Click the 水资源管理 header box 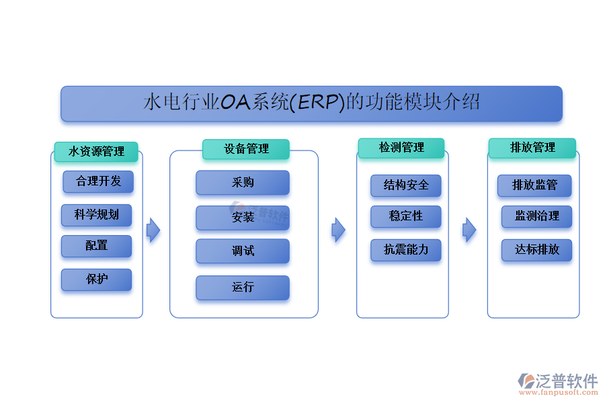pyautogui.click(x=96, y=152)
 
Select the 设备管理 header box pyautogui.click(x=246, y=149)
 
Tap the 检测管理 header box pyautogui.click(x=401, y=148)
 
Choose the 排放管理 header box pyautogui.click(x=532, y=148)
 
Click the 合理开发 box pyautogui.click(x=98, y=181)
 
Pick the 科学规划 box pyautogui.click(x=96, y=215)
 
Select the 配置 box pyautogui.click(x=96, y=246)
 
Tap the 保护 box pyautogui.click(x=96, y=279)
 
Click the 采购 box pyautogui.click(x=243, y=183)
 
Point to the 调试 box pyautogui.click(x=243, y=251)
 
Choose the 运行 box pyautogui.click(x=243, y=287)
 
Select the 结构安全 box pyautogui.click(x=405, y=185)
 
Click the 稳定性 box pyautogui.click(x=405, y=216)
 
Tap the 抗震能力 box pyautogui.click(x=405, y=250)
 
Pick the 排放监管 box pyautogui.click(x=534, y=185)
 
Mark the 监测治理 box pyautogui.click(x=536, y=216)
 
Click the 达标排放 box pyautogui.click(x=536, y=250)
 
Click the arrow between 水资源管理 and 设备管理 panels pyautogui.click(x=154, y=230)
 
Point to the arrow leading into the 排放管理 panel pyautogui.click(x=469, y=230)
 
